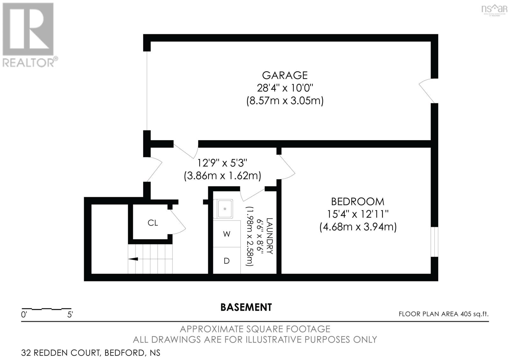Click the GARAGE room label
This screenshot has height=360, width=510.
point(285,76)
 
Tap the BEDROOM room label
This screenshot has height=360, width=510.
point(357,202)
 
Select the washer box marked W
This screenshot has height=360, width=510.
point(227,234)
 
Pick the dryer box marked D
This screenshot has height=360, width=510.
point(227,261)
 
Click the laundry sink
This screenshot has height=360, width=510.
point(225,209)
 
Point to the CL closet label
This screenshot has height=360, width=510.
point(153,223)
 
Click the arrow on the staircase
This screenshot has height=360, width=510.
point(133,259)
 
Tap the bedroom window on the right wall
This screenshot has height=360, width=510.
point(434,242)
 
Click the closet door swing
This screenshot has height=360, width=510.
point(178,221)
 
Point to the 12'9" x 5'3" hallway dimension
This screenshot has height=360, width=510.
point(222,163)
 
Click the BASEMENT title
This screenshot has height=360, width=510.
point(246,307)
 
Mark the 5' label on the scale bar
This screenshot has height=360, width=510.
point(70,315)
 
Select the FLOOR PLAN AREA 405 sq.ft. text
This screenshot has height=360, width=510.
point(443,314)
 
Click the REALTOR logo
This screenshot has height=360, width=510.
point(29,35)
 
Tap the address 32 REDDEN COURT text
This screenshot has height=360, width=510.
point(61,353)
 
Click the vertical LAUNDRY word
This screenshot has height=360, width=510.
point(269,236)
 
